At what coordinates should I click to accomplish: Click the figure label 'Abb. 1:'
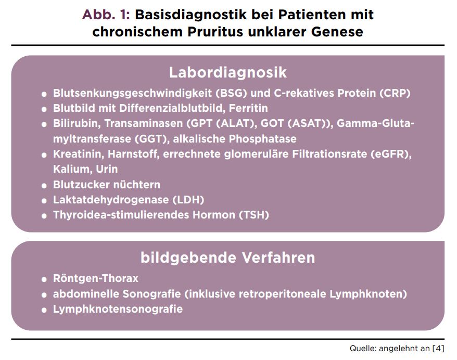[106, 15]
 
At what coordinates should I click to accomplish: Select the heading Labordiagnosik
[228, 72]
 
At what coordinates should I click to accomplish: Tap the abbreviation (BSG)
[232, 93]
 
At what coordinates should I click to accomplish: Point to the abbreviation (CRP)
[395, 93]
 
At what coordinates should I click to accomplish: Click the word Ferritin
[248, 108]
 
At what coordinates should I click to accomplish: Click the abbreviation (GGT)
[152, 139]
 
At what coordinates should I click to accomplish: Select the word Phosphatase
[263, 139]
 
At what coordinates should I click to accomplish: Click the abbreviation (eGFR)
[391, 154]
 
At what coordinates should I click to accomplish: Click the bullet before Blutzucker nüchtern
[44, 186]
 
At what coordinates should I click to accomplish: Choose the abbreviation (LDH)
[188, 200]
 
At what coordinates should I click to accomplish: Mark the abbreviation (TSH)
[254, 215]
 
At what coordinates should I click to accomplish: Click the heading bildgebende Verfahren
[228, 258]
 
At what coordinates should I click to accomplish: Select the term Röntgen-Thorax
[96, 278]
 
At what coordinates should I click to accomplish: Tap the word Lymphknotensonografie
[118, 309]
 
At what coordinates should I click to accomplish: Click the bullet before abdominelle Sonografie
[44, 295]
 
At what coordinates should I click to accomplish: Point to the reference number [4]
[438, 349]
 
